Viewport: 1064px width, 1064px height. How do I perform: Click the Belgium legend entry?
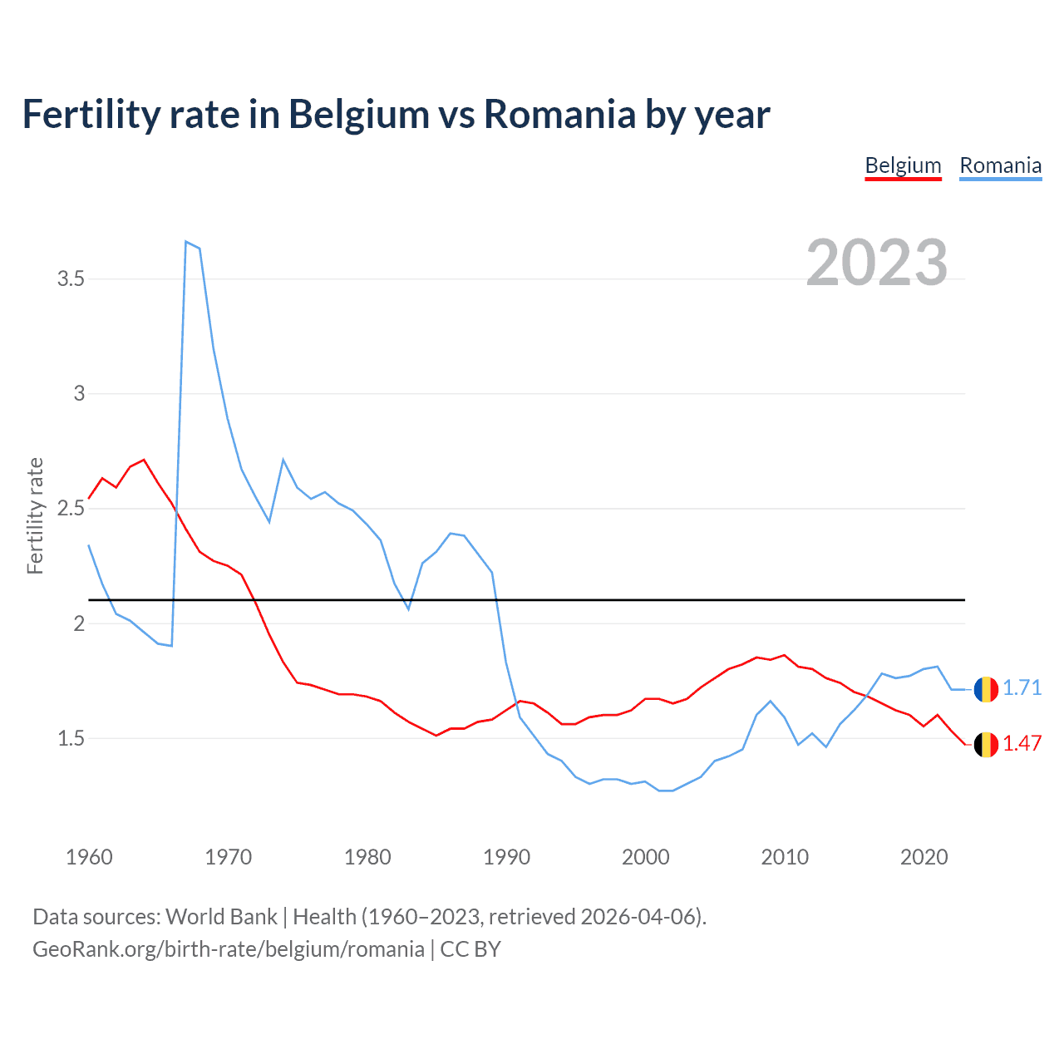point(903,165)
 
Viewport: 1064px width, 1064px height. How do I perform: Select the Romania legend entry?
point(1000,165)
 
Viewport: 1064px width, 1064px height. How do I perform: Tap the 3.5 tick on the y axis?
point(71,278)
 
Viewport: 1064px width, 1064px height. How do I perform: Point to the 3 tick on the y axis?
point(79,393)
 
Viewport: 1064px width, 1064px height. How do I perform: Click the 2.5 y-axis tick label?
point(71,508)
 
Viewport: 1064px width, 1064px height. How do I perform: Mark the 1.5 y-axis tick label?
point(71,738)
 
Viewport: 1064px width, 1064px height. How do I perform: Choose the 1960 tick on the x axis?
point(89,857)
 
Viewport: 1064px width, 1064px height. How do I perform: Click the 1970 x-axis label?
point(228,857)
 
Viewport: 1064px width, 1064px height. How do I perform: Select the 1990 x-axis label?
point(506,857)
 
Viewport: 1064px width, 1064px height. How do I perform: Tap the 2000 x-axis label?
point(645,857)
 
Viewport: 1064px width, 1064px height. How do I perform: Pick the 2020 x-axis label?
point(924,857)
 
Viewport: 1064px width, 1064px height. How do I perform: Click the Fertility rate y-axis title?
point(35,515)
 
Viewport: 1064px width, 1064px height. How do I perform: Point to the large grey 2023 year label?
point(877,263)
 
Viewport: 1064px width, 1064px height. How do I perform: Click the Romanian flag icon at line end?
point(986,689)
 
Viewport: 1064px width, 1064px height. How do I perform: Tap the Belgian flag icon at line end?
point(986,745)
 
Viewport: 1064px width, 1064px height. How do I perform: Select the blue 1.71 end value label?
point(1022,688)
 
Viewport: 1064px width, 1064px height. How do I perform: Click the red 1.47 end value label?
point(1022,743)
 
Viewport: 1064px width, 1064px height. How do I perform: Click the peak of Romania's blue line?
point(186,242)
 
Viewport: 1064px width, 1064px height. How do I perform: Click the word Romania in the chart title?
point(559,114)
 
